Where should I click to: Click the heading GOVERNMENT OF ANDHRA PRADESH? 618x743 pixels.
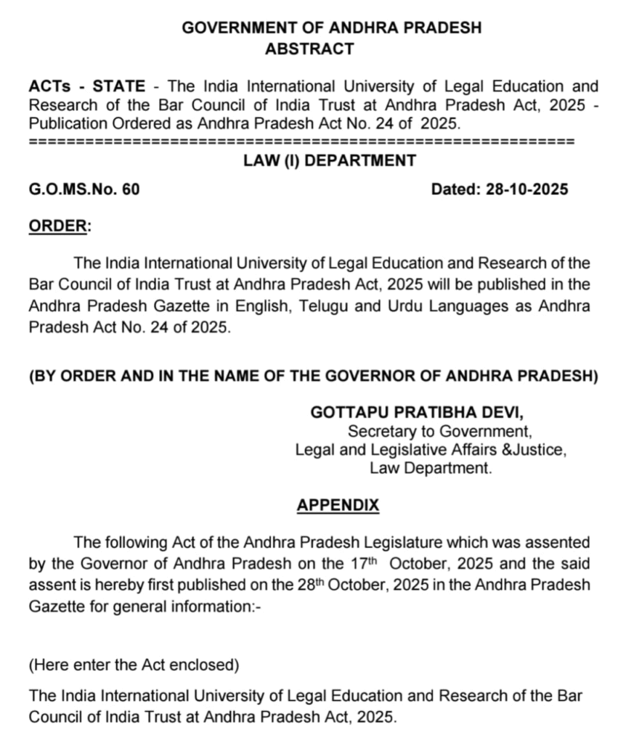331,28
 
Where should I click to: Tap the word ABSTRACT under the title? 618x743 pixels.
310,49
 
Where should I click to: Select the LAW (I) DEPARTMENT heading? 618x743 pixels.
330,160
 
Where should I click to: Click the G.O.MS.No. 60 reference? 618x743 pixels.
84,189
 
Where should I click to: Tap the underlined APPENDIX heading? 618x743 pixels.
338,505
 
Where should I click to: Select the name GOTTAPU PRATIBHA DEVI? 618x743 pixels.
416,412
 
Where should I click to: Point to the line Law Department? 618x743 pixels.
431,468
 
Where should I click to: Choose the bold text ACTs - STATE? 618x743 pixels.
86,86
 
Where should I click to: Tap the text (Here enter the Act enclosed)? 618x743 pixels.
133,664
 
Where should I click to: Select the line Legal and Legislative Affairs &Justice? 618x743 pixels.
431,450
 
